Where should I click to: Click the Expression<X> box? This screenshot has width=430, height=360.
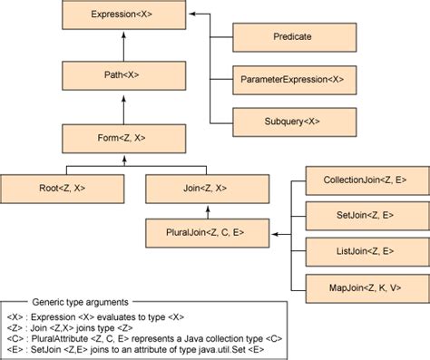click(127, 15)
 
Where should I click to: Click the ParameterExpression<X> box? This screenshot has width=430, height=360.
click(293, 80)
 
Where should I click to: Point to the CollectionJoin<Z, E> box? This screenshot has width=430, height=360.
click(364, 181)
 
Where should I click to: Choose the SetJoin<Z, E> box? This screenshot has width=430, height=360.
click(364, 216)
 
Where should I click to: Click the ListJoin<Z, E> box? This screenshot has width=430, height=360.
click(364, 249)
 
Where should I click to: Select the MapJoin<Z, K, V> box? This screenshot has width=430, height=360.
click(364, 287)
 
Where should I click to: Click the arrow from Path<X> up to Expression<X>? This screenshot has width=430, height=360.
click(127, 45)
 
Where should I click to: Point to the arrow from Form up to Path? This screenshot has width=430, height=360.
click(127, 109)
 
